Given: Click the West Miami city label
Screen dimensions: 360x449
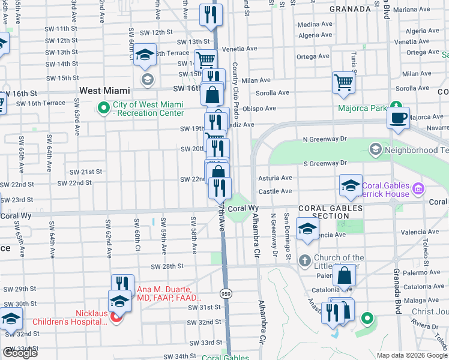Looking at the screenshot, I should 105,91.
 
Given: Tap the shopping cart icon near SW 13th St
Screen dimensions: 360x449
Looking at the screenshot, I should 205,59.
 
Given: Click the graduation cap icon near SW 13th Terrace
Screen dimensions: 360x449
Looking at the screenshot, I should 145,56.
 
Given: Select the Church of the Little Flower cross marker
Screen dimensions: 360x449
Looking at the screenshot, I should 304,260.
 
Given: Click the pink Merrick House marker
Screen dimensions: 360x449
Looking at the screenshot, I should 418,190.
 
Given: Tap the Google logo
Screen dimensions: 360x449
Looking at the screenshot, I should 20,353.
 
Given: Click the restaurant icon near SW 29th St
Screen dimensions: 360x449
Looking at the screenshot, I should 122,284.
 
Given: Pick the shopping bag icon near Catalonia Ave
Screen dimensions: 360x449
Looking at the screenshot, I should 345,276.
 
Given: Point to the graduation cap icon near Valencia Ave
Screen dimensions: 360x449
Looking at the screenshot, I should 307,230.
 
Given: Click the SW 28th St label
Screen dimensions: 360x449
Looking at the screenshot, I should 167,266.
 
